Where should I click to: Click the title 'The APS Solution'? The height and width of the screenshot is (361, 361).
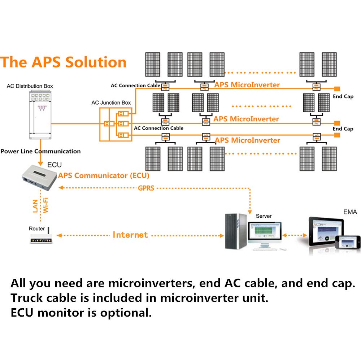(64, 62)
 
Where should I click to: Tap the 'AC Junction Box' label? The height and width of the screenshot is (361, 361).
(111, 103)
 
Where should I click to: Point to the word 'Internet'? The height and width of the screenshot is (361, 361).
(130, 235)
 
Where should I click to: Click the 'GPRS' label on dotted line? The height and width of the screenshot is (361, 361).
(146, 188)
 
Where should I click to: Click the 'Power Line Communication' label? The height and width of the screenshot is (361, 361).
(40, 151)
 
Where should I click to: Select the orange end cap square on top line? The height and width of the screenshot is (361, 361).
(337, 88)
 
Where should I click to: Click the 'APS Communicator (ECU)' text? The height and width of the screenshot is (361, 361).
(104, 176)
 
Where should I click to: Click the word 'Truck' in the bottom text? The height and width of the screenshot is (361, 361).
(30, 298)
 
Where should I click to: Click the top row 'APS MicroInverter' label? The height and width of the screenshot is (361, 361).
(247, 85)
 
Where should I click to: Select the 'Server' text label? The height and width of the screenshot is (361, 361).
(264, 216)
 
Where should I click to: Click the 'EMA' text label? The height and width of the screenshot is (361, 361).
(350, 212)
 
